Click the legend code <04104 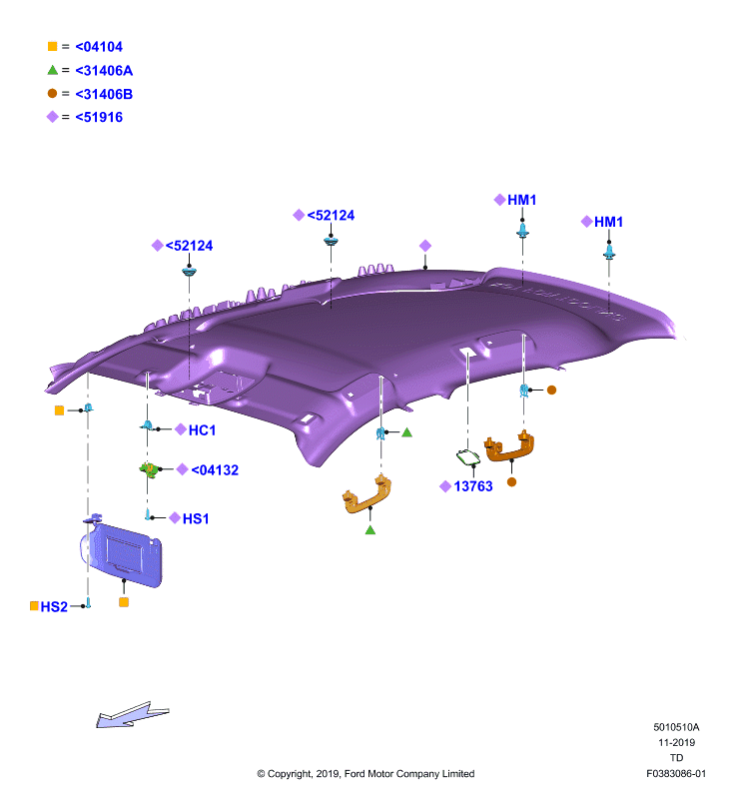coord(99,47)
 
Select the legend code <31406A coord(104,70)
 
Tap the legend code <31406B coord(104,94)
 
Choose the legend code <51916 coord(99,117)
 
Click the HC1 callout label coord(203,430)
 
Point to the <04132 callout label coord(215,469)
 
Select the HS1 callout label coord(196,518)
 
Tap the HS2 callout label coord(54,607)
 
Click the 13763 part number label coord(473,486)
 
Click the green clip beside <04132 coord(148,469)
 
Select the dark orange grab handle coord(509,446)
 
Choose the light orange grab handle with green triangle coord(367,493)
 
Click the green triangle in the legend coord(53,70)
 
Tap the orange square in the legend coord(53,46)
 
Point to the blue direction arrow coord(132,714)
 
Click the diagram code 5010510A coord(676,727)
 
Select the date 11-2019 coord(676,742)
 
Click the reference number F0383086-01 coord(676,773)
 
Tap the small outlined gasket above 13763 coord(467,457)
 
